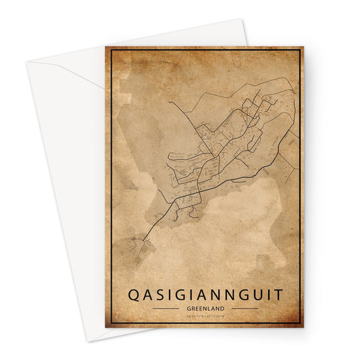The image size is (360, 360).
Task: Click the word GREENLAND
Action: coord(205,308)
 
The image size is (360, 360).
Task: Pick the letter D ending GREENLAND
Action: coord(226,308)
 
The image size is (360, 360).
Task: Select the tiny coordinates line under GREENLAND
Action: coord(205,316)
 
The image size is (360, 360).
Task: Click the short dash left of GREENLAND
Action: coord(165,308)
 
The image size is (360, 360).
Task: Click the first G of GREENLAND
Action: coord(185,308)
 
